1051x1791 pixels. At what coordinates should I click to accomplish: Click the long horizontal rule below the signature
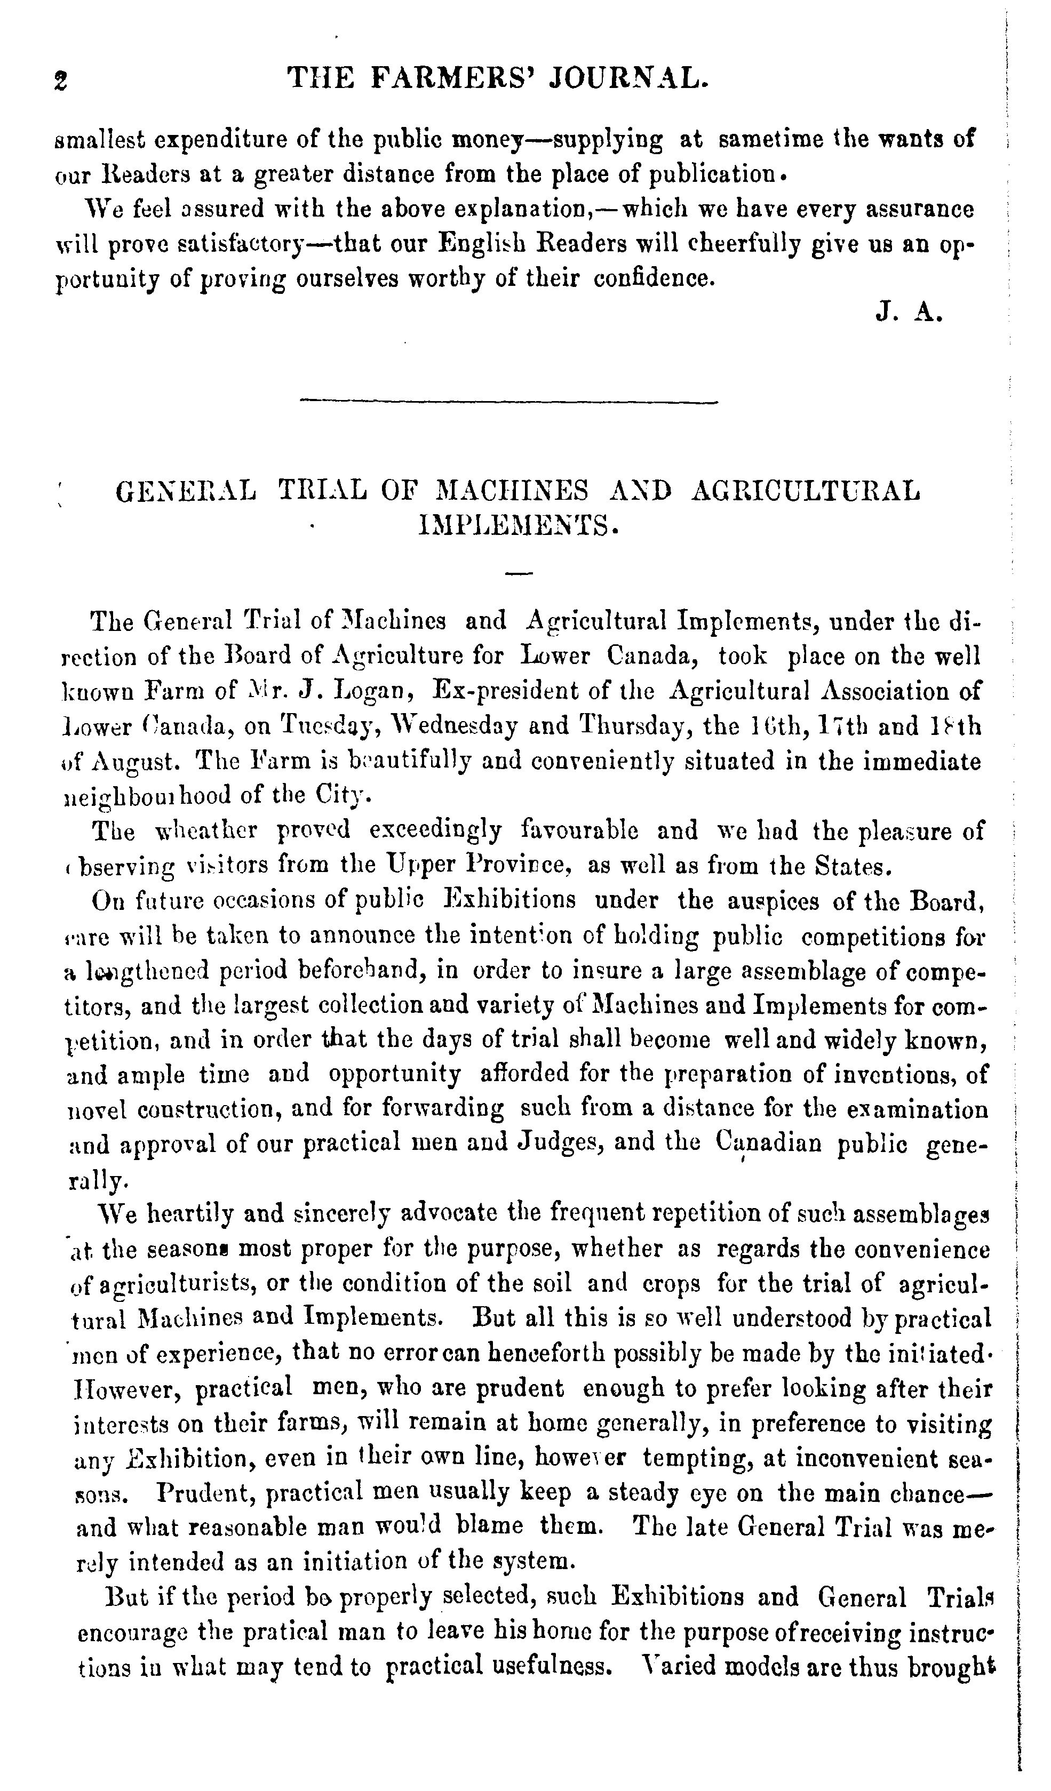(x=508, y=403)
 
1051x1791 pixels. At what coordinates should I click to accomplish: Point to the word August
(x=133, y=762)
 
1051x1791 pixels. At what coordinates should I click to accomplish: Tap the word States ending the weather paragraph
(x=852, y=866)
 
